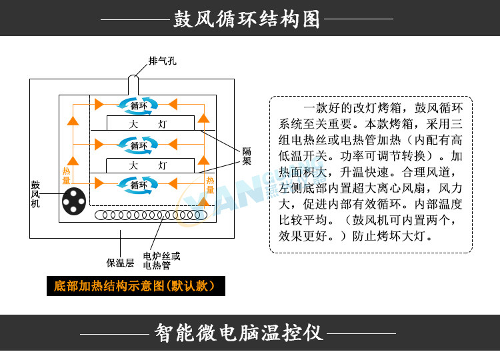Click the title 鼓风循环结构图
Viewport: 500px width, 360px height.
click(x=247, y=19)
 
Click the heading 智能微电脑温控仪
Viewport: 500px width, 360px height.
click(x=238, y=333)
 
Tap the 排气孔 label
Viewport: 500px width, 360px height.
click(x=162, y=61)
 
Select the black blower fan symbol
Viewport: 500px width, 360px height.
click(x=74, y=201)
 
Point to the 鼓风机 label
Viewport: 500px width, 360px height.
click(x=35, y=194)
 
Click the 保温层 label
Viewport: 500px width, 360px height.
click(x=120, y=263)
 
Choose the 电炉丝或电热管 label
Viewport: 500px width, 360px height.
click(x=162, y=261)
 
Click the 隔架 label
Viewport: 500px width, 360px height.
click(x=247, y=156)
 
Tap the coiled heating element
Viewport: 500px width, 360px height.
click(x=151, y=215)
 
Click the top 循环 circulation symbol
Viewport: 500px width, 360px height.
click(x=139, y=105)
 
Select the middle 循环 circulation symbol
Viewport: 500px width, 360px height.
click(x=139, y=145)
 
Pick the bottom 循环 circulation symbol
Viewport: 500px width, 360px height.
click(x=139, y=185)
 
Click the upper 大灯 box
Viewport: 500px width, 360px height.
click(x=150, y=123)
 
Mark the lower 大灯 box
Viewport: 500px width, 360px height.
click(x=150, y=165)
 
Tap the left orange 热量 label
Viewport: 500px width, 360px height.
click(x=66, y=176)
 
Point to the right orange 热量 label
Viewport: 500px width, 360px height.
click(x=210, y=185)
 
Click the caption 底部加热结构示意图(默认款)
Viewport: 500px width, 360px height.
click(x=136, y=286)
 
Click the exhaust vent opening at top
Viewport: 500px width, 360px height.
click(x=133, y=78)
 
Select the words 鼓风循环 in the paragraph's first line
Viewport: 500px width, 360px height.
click(x=439, y=108)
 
